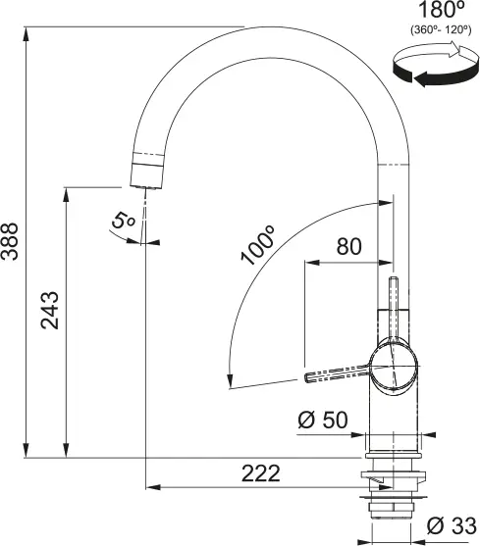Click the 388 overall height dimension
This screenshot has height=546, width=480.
[x=10, y=240]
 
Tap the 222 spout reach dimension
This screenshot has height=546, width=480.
[x=259, y=473]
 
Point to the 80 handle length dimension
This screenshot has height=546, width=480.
[x=347, y=247]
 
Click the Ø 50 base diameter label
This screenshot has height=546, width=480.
[x=323, y=421]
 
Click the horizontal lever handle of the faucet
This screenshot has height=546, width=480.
[x=339, y=373]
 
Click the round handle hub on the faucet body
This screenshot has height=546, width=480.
[x=398, y=367]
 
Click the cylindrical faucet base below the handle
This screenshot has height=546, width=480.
[x=394, y=417]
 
